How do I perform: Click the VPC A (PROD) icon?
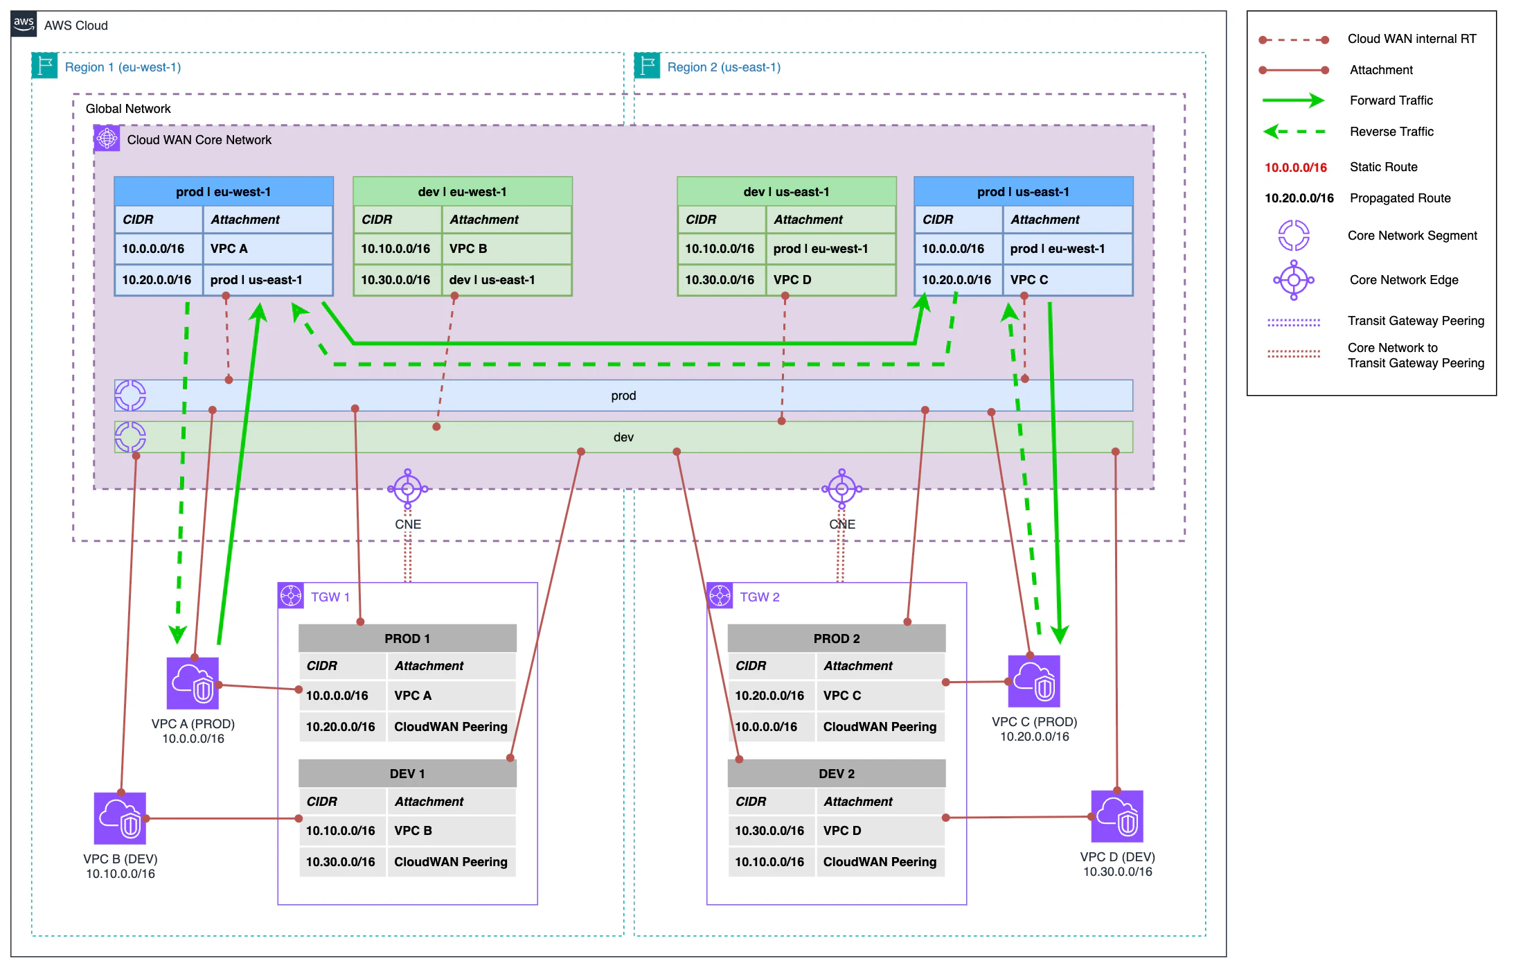point(193,683)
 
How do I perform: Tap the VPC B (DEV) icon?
point(120,818)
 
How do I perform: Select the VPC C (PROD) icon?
point(1034,681)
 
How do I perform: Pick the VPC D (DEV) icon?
point(1116,816)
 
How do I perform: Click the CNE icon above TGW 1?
point(408,489)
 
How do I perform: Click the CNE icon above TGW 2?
point(841,489)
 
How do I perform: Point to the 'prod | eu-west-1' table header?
point(223,192)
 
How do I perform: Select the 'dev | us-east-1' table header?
point(786,192)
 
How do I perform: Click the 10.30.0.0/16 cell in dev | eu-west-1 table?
point(395,280)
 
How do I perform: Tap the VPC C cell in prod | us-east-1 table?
point(1067,280)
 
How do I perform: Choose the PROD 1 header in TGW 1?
point(407,638)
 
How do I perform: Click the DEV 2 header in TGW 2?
point(836,773)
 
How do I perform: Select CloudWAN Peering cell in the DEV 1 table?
point(451,862)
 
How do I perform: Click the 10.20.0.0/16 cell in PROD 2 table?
point(769,696)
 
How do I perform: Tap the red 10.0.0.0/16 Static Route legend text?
point(1295,167)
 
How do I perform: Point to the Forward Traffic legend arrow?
point(1292,100)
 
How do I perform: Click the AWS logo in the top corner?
point(24,24)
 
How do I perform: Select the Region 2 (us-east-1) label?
point(723,67)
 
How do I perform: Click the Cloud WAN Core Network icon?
point(107,139)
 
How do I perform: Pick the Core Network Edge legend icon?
point(1293,280)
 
